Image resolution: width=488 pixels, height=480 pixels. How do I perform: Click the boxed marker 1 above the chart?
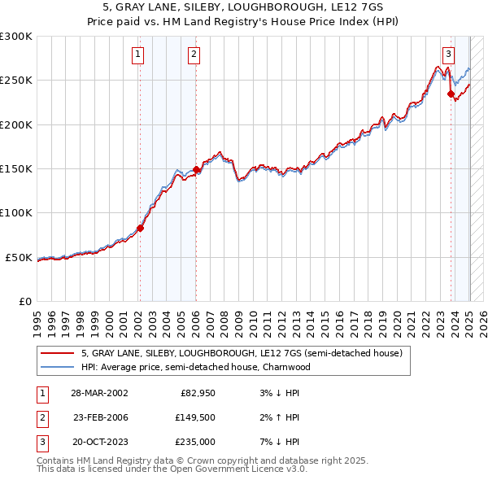coord(138,55)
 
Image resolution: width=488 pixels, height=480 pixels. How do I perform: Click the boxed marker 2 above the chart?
coord(194,55)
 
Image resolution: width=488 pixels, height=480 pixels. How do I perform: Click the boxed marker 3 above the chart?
coord(448,55)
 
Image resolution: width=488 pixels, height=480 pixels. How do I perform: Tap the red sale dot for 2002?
coord(140,228)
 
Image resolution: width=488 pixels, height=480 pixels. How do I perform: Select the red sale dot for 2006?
coord(196,169)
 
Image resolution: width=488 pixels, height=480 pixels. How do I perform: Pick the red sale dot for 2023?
coord(451,94)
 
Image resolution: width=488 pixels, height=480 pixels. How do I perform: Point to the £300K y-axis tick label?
coord(15,37)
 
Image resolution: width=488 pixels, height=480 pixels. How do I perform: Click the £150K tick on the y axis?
coord(15,169)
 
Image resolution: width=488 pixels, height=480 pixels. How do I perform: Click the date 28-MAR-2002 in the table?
coord(99,393)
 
